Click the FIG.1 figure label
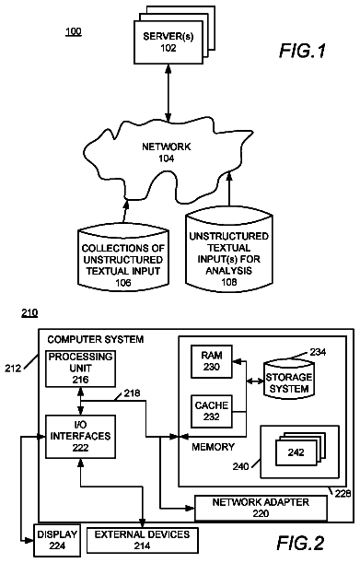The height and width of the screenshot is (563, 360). point(302,51)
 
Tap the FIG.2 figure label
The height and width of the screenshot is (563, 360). point(301,543)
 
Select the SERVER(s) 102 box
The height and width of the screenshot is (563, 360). point(168,42)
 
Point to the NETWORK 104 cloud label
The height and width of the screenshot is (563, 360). point(166,152)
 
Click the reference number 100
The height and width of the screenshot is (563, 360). point(74,31)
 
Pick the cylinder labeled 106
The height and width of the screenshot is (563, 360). point(123,257)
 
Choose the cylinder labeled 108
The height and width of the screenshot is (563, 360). point(228,252)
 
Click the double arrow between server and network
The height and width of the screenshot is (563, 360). point(168,93)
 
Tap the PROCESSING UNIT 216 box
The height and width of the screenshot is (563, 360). point(80,369)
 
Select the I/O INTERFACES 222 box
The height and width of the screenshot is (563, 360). point(80,437)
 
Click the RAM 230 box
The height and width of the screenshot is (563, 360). point(212,361)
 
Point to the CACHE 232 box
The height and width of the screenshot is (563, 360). point(212,412)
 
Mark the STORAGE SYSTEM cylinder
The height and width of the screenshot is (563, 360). point(289,380)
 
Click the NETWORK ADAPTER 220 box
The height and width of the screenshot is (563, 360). point(261,508)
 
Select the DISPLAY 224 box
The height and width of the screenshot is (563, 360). point(57,540)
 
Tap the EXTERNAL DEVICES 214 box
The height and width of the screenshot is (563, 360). point(142,540)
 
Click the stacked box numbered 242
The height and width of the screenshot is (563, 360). point(296,453)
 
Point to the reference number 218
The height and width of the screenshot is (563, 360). point(132,393)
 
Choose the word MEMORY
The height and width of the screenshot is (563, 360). point(213,447)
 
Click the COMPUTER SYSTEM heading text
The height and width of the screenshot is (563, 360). point(96,339)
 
